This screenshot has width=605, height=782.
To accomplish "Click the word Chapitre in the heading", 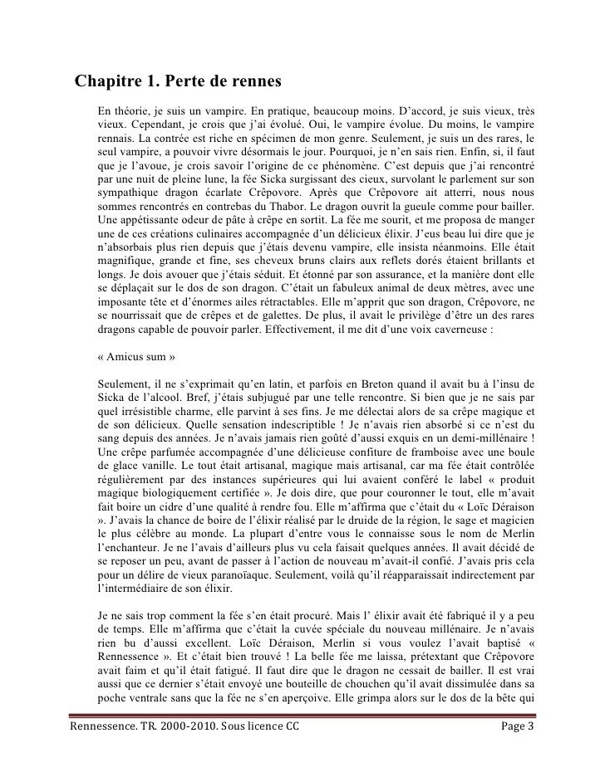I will pyautogui.click(x=111, y=83).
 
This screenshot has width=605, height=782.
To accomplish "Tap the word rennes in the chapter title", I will pyautogui.click(x=256, y=83).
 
